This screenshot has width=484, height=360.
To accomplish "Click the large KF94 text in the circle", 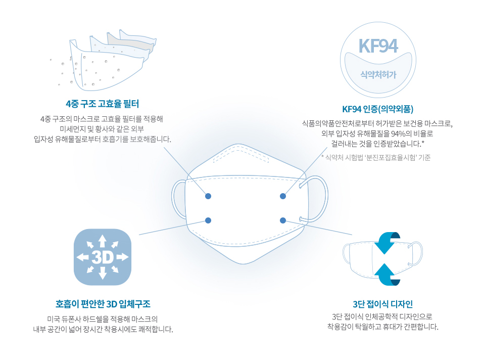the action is [x=378, y=46].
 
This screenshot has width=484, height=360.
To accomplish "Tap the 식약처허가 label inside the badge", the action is [x=378, y=74].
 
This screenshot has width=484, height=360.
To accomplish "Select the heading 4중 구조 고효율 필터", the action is [x=103, y=104].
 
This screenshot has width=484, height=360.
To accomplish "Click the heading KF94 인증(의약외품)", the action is [x=378, y=109].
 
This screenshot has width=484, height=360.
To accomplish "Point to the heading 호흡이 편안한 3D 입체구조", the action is [x=103, y=304].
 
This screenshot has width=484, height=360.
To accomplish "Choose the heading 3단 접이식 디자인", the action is [x=383, y=304].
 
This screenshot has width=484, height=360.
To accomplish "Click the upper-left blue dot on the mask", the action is [x=208, y=196].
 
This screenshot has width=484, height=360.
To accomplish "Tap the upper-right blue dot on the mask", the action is [x=283, y=196].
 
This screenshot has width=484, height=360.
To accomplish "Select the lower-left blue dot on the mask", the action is [x=208, y=220].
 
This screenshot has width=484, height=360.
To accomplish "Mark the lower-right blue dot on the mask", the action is [x=283, y=220].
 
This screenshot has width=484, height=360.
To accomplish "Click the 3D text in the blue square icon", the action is [x=103, y=257].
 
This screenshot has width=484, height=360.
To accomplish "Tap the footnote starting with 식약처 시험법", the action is [x=376, y=158].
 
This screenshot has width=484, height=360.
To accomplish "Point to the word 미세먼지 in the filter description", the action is [x=72, y=129].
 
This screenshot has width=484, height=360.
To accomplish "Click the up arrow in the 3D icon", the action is [x=103, y=241].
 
